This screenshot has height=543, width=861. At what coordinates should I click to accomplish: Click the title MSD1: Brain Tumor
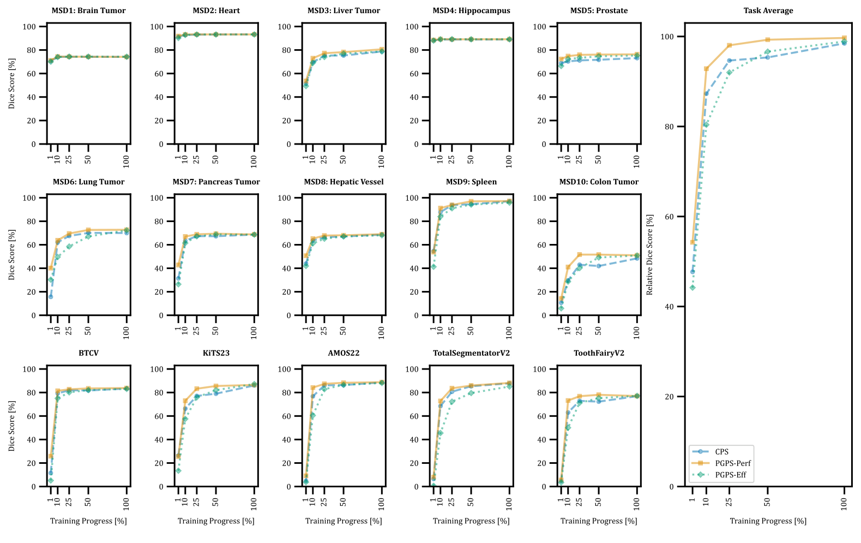click(88, 10)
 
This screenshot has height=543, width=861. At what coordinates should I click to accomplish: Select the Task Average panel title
click(768, 10)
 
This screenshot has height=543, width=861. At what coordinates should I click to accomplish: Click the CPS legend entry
click(721, 452)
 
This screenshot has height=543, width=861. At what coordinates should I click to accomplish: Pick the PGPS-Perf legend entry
click(733, 463)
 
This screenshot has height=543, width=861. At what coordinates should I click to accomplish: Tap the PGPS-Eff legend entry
click(731, 475)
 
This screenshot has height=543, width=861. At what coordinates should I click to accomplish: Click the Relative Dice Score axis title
click(649, 254)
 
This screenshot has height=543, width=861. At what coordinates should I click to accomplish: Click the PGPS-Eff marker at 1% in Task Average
click(693, 288)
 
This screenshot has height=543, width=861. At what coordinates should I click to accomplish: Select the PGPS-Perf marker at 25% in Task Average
click(730, 45)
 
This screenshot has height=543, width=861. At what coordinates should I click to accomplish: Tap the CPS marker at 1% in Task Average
click(693, 272)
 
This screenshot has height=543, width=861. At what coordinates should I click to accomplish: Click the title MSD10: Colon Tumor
click(599, 182)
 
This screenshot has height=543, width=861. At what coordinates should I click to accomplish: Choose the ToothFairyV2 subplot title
click(599, 353)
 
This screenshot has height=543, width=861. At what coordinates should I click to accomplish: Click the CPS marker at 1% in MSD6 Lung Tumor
click(51, 296)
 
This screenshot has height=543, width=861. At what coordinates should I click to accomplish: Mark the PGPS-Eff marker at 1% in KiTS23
click(178, 470)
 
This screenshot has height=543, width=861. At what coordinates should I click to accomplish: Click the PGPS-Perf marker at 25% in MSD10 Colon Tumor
click(580, 255)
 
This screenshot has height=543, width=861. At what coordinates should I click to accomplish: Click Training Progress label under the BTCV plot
click(88, 521)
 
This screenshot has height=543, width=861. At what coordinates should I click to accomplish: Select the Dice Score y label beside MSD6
click(11, 254)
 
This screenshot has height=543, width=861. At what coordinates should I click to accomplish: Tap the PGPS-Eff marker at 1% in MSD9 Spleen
click(433, 267)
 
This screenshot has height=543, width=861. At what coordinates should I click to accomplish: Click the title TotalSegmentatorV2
click(471, 353)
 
